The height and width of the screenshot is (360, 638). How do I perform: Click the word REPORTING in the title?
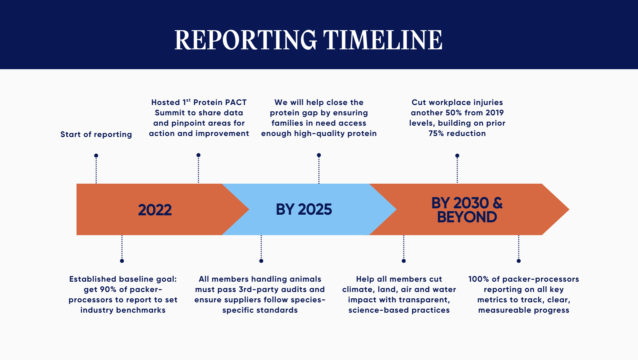click(246, 40)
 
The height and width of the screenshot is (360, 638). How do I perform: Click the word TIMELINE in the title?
click(383, 40)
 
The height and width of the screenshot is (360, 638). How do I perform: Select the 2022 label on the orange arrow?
click(155, 210)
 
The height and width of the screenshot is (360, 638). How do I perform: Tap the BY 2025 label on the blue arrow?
click(304, 210)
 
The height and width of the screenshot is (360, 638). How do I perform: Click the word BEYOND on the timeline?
click(467, 217)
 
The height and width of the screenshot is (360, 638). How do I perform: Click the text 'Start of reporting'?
click(96, 134)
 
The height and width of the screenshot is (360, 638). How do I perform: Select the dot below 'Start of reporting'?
click(96, 156)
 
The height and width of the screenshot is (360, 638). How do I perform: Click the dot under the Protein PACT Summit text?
click(198, 155)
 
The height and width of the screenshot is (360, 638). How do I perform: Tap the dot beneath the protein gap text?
click(319, 155)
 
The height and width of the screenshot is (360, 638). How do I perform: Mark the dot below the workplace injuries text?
click(457, 156)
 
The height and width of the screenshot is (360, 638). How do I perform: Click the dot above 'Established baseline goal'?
click(122, 261)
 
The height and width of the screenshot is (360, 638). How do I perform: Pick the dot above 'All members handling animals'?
click(261, 261)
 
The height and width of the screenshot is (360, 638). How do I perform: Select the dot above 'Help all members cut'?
click(403, 261)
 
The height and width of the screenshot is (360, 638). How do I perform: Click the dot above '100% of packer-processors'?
click(518, 261)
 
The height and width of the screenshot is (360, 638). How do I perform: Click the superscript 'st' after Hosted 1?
click(188, 100)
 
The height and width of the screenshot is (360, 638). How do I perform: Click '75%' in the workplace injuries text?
click(436, 133)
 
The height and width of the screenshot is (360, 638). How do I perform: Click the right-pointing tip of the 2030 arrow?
click(569, 209)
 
